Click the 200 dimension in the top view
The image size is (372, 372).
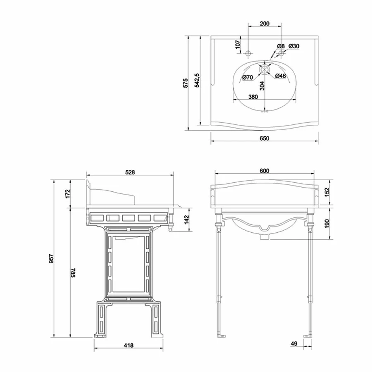(265, 24)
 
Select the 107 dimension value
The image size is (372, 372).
(238, 45)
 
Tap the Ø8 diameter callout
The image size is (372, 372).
(280, 46)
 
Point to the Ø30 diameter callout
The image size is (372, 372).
(294, 46)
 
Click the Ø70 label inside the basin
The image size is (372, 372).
(248, 77)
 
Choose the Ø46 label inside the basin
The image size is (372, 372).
(281, 76)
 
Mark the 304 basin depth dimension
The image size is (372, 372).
(262, 86)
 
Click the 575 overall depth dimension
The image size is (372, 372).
(186, 83)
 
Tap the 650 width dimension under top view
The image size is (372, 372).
(265, 138)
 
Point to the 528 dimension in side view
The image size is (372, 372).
(131, 172)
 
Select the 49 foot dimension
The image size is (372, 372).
(294, 343)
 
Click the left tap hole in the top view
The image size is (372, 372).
(248, 54)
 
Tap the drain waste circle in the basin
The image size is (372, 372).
(264, 69)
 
